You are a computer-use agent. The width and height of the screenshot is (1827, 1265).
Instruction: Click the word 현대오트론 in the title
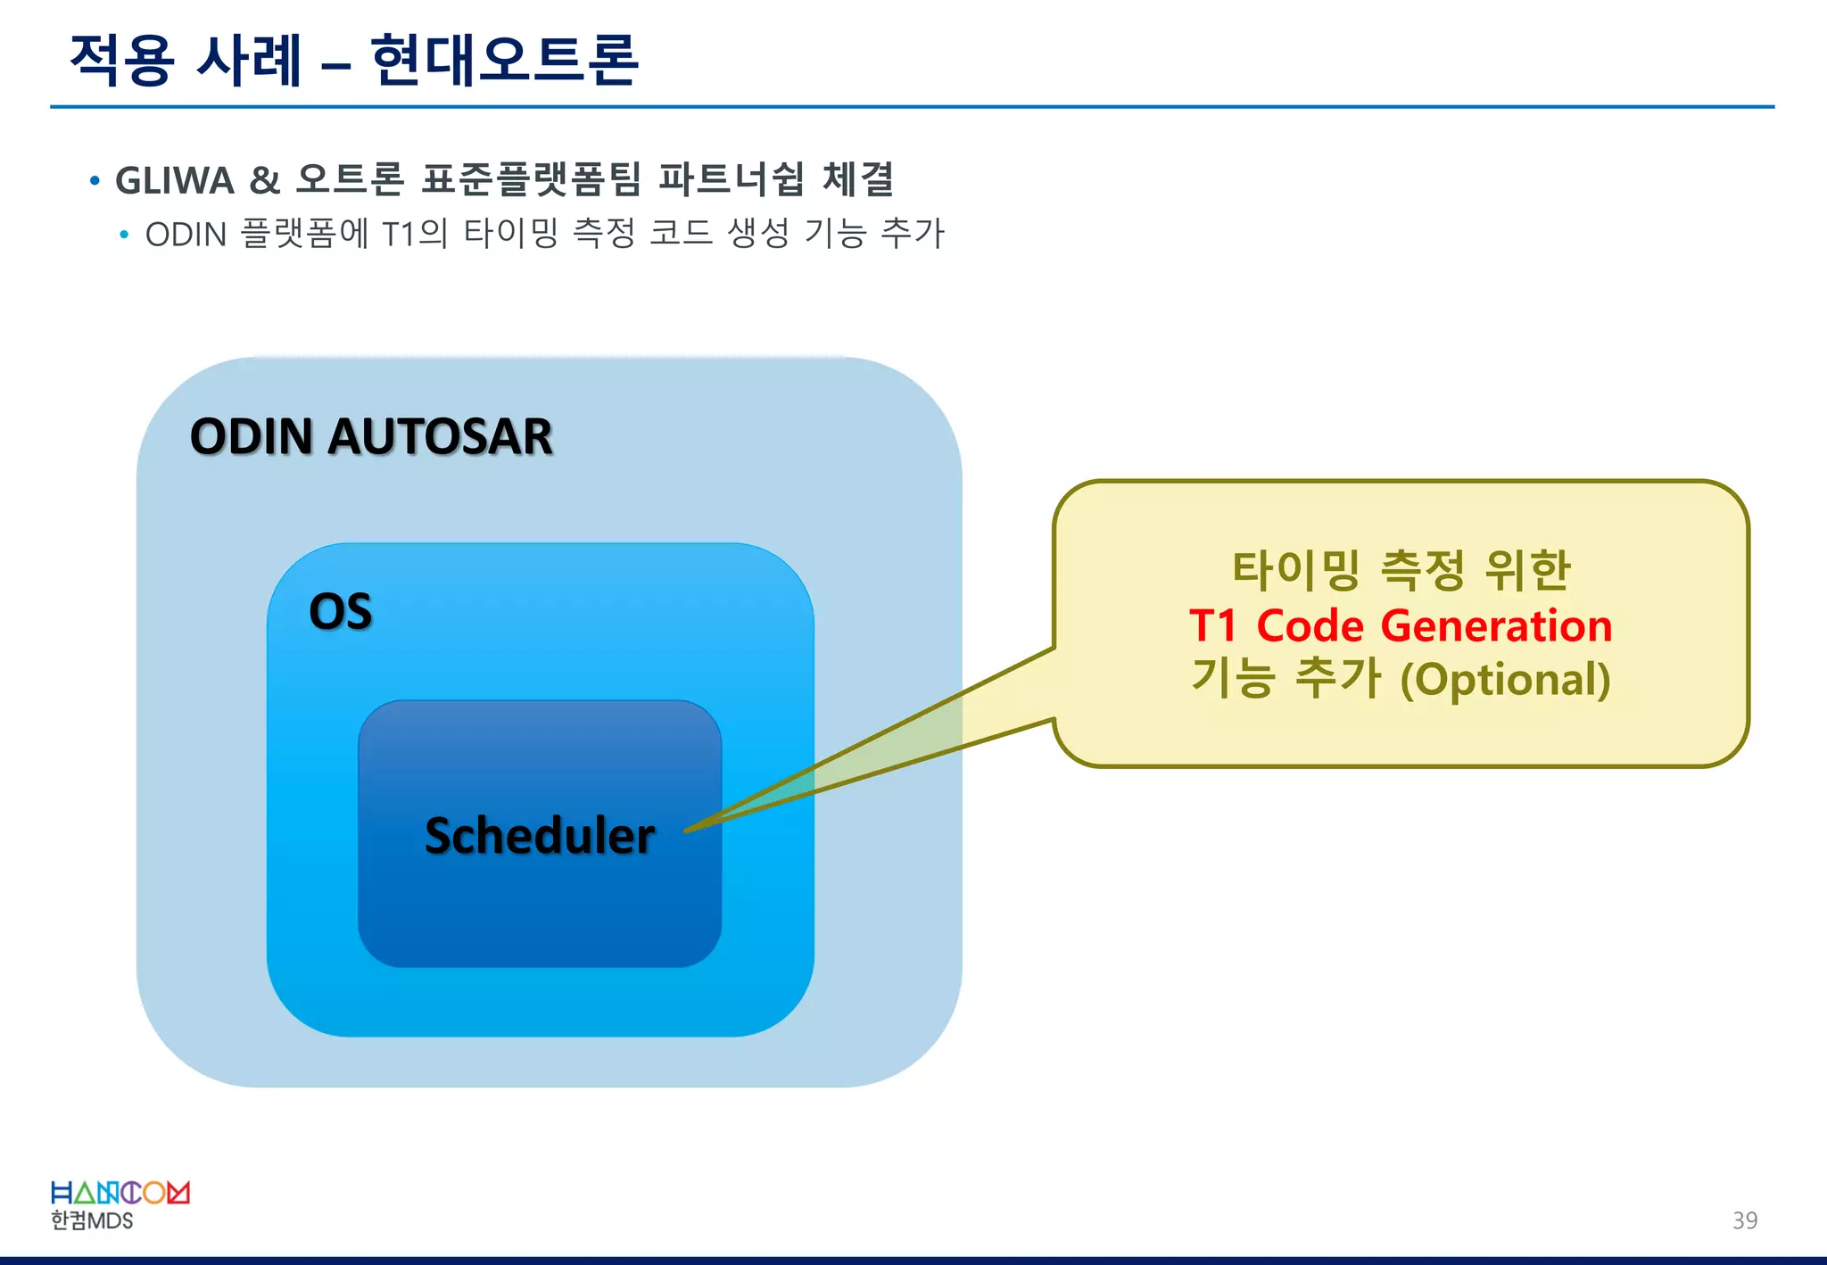(504, 61)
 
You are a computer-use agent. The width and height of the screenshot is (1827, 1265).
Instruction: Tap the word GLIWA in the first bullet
(175, 181)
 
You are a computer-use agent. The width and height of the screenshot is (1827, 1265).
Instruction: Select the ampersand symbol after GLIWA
(264, 181)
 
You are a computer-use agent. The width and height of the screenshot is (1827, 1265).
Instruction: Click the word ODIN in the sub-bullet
(186, 235)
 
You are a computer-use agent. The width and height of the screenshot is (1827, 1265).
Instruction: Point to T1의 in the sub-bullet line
(415, 234)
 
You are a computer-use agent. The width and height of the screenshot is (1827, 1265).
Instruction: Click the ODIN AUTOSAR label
(371, 436)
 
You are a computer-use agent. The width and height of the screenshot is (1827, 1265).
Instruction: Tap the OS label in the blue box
(340, 612)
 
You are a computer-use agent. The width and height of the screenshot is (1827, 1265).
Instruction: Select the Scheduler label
(539, 836)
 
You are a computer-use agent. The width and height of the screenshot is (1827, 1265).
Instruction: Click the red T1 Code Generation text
(1400, 625)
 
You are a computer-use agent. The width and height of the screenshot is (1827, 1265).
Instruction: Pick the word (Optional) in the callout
(1505, 680)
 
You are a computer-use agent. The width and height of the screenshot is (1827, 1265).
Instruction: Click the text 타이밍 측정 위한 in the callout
(1400, 570)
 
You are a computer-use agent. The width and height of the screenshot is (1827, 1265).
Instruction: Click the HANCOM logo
(120, 1193)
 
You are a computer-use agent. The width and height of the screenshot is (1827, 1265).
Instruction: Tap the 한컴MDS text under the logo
(91, 1220)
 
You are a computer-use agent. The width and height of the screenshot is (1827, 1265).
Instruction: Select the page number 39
(1744, 1220)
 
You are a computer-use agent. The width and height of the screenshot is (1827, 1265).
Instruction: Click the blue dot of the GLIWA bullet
(95, 182)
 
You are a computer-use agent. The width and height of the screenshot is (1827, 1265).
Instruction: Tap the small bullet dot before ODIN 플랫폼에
(124, 236)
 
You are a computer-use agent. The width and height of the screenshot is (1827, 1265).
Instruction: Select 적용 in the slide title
(120, 61)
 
